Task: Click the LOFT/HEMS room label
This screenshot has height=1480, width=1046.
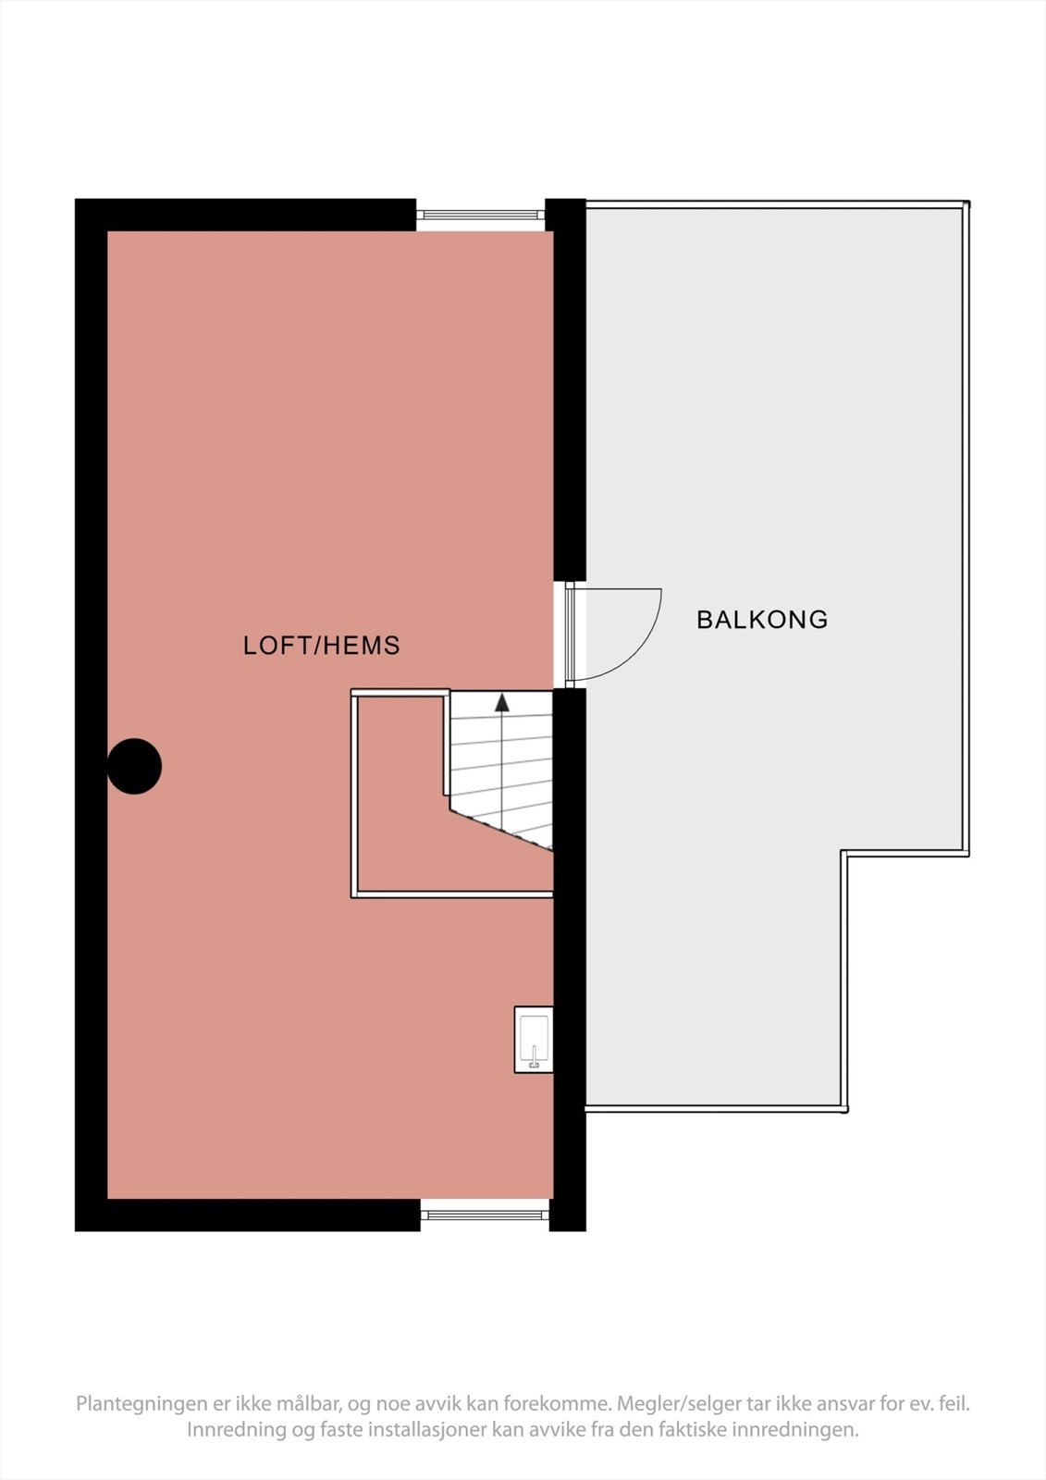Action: (x=321, y=646)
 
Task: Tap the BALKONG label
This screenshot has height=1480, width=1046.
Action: (x=761, y=620)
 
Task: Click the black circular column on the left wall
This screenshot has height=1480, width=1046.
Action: (x=135, y=766)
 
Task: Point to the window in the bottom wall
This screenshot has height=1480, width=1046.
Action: (x=485, y=1215)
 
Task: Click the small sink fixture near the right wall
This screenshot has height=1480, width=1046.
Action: (x=534, y=1040)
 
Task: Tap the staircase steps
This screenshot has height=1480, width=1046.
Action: (x=500, y=768)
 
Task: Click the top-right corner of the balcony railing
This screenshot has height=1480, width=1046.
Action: (x=966, y=203)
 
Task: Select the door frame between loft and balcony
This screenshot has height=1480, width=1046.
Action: (x=570, y=635)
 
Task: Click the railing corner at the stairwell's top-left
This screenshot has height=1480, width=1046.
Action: (x=354, y=693)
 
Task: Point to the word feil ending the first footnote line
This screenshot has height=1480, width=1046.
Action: (x=954, y=1404)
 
